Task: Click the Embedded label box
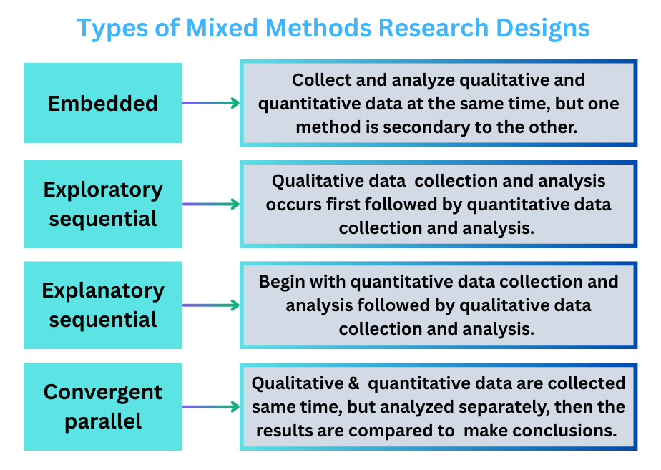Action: click(103, 104)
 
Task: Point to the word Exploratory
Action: click(103, 190)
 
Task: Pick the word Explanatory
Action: click(103, 291)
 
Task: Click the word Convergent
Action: click(103, 392)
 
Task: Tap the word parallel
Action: click(103, 421)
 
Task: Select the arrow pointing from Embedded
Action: click(211, 104)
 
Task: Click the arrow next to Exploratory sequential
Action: click(211, 205)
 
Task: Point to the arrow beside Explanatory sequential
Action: click(211, 305)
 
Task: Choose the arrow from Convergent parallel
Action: click(211, 407)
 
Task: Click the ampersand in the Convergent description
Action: click(353, 383)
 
